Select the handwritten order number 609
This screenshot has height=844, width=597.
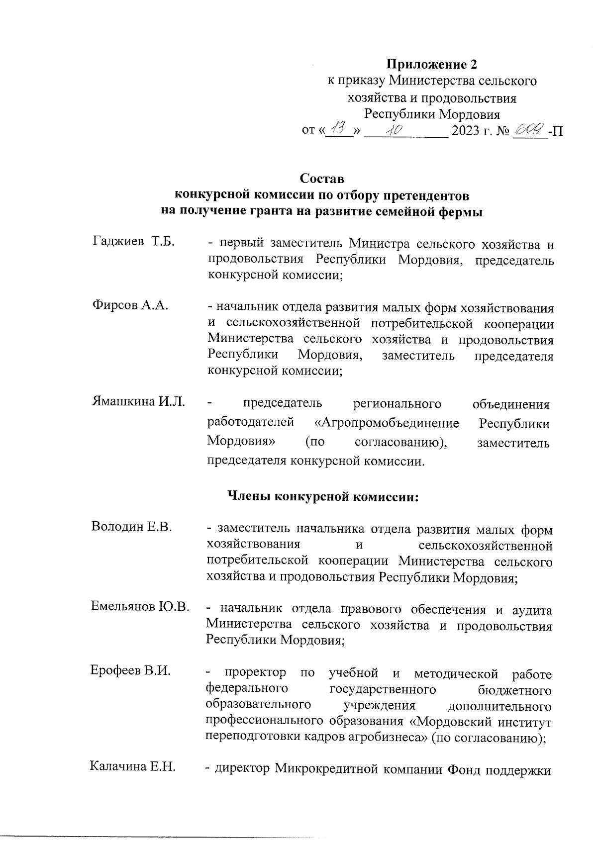click(x=530, y=130)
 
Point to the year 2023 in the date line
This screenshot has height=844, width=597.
click(x=466, y=131)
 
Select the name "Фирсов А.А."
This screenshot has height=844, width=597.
click(x=130, y=305)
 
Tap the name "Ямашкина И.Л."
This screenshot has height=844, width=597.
click(x=139, y=402)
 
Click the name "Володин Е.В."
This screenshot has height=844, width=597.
click(x=132, y=527)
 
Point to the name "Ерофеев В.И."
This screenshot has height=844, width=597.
click(x=130, y=670)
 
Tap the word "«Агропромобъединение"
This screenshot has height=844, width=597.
click(x=387, y=424)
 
